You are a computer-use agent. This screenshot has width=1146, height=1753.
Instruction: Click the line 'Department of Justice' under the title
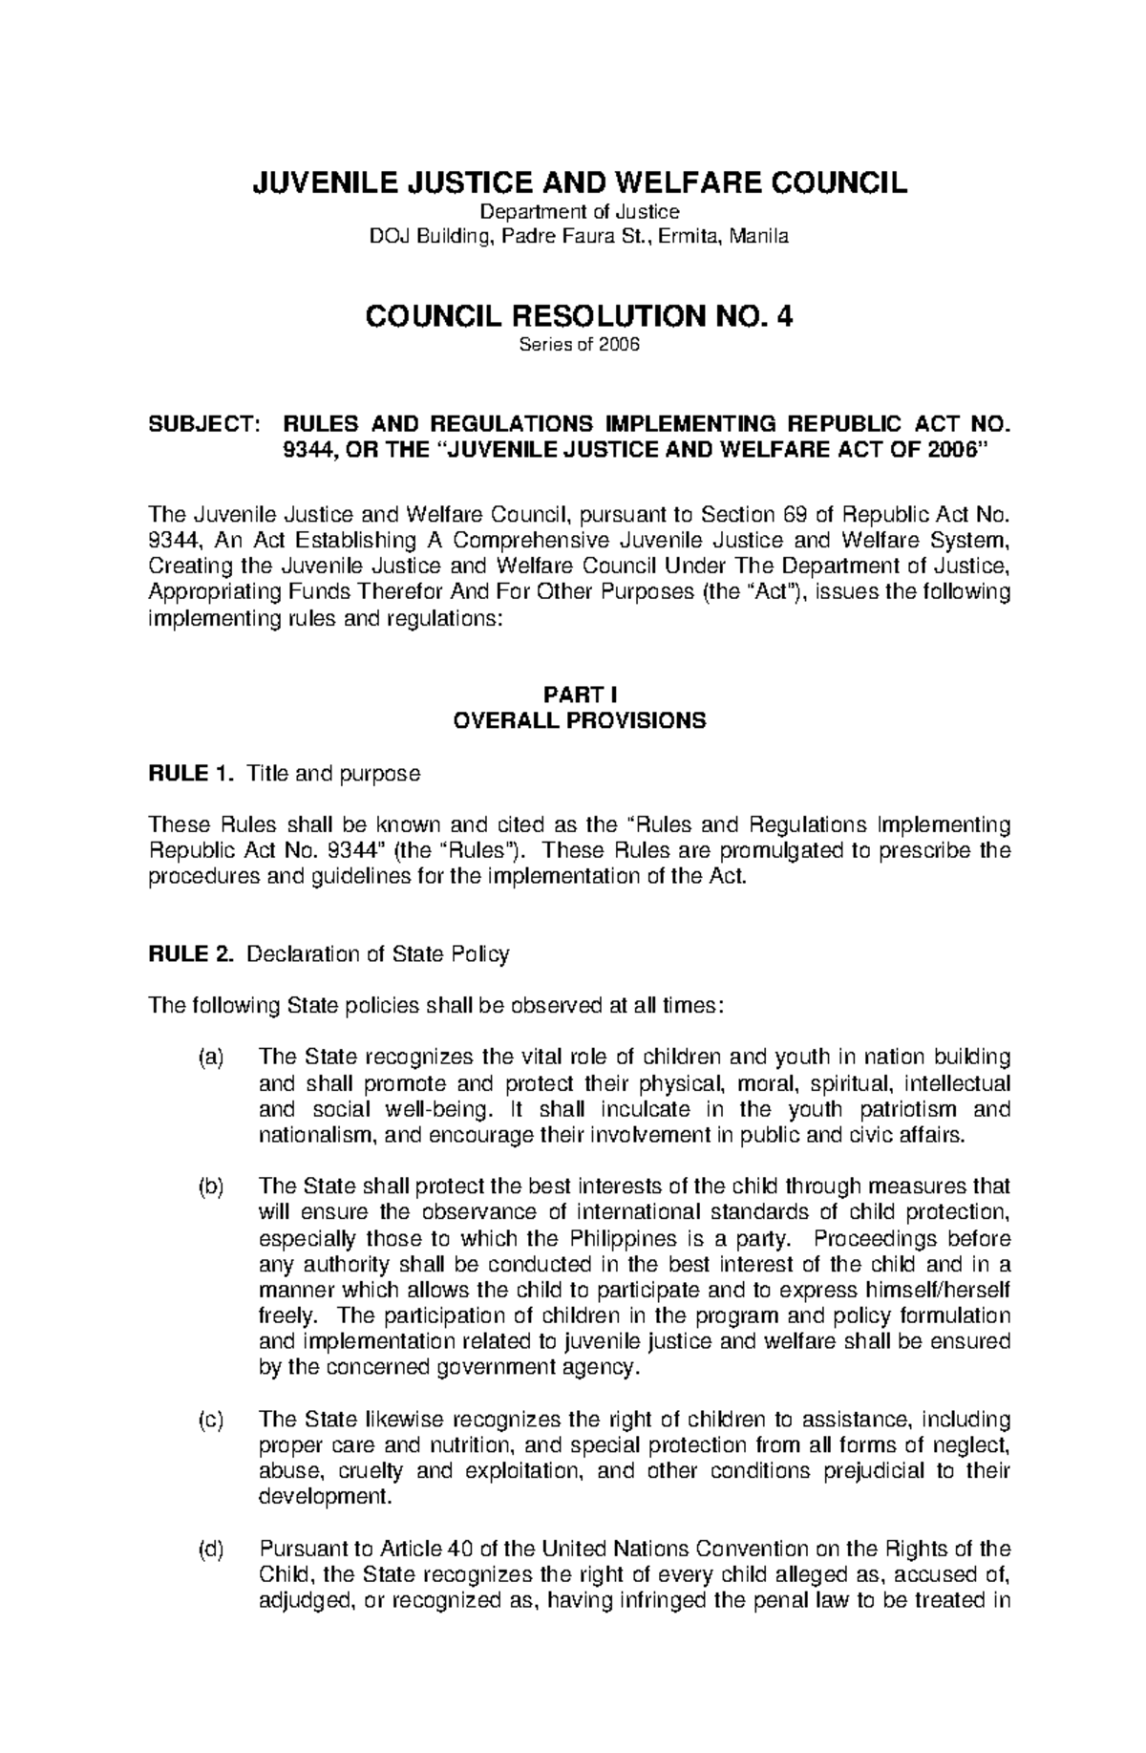[579, 212]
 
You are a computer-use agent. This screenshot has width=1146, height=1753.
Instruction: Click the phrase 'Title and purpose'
[333, 774]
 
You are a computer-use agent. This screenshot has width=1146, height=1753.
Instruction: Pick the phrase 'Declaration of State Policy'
[377, 953]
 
